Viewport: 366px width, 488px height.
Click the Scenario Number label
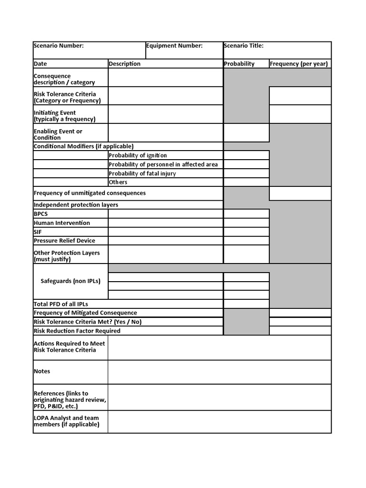coord(59,46)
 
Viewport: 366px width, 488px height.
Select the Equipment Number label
coord(174,46)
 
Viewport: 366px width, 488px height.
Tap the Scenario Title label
coord(244,46)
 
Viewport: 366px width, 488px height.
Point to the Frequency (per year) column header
coord(298,64)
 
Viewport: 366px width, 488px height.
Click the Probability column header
coord(239,64)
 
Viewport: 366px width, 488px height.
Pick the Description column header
coord(124,64)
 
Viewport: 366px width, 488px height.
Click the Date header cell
coord(41,64)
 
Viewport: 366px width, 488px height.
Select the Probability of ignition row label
coord(138,155)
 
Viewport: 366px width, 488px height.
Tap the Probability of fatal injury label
coord(142,173)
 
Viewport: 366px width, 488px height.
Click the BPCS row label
coord(41,214)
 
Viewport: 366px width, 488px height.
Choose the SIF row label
coord(38,232)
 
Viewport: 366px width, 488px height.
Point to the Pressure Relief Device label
coord(64,241)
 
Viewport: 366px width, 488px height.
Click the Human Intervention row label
coord(62,223)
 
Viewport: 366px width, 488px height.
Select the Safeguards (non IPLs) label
coord(71,281)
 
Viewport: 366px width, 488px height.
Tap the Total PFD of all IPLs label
coord(61,304)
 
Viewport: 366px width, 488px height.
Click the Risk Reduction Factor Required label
coord(77,331)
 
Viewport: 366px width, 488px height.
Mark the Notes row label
coord(42,371)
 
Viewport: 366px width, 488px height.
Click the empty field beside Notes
coord(219,372)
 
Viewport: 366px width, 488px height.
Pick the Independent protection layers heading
coord(76,205)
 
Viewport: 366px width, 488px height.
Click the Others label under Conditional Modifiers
coord(118,182)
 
